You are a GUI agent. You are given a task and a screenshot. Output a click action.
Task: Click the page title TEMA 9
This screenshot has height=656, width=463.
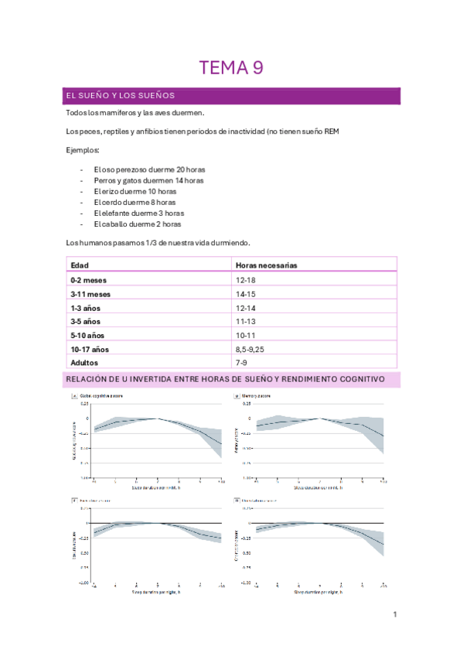click(231, 68)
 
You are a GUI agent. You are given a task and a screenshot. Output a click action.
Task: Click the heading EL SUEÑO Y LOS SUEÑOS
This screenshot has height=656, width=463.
click(121, 96)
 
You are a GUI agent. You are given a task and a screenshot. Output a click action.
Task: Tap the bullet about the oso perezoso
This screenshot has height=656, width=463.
click(149, 169)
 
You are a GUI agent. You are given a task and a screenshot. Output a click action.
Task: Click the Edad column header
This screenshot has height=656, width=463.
click(80, 265)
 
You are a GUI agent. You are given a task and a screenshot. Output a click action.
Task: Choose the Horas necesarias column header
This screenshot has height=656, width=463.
click(267, 265)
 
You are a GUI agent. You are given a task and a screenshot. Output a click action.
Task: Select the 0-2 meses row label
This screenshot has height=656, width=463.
click(89, 278)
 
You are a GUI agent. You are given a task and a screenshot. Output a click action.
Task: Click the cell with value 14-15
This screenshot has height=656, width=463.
click(247, 293)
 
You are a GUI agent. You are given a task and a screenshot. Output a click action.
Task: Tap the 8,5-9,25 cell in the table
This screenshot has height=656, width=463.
click(253, 349)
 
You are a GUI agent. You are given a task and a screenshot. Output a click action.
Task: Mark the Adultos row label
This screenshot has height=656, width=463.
click(84, 362)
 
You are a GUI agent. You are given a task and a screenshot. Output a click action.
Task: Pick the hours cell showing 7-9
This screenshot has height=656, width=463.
click(243, 362)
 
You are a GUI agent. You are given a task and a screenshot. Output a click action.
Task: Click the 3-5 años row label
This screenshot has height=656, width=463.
click(87, 321)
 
